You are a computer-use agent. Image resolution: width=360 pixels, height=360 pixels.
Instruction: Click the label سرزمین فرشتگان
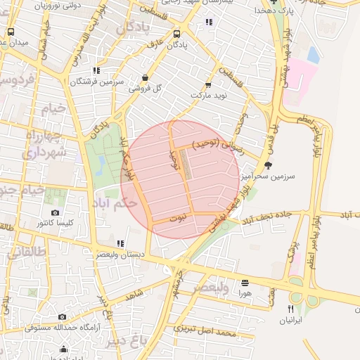click(96, 82)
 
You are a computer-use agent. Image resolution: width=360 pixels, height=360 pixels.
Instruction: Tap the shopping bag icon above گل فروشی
click(145, 78)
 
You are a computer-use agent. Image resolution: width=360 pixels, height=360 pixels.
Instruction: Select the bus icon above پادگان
click(176, 33)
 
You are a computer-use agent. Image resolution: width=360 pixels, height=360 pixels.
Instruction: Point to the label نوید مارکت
click(210, 94)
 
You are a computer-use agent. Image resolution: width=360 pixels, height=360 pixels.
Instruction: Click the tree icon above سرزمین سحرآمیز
click(268, 165)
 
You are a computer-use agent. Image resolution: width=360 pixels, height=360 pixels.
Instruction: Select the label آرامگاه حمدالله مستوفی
click(63, 327)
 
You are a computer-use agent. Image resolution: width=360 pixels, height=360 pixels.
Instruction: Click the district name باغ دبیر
click(128, 340)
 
